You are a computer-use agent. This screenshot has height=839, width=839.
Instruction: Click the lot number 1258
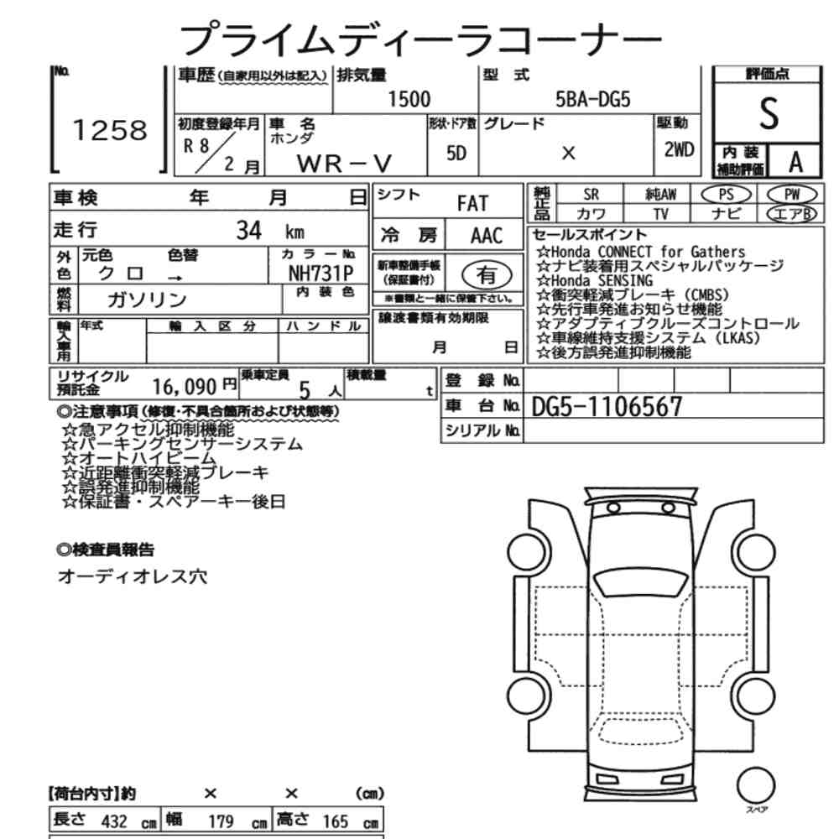coord(110,131)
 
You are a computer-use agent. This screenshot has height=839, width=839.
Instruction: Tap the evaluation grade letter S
coord(769,114)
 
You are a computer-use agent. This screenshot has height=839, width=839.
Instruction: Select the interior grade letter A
coord(795,162)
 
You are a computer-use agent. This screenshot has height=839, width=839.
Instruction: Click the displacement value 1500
coord(409,100)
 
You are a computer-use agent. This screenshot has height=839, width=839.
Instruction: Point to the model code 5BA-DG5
coord(593,100)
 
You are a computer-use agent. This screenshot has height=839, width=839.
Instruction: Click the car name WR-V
coord(344,164)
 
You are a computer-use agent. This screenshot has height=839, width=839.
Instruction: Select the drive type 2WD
coord(679,150)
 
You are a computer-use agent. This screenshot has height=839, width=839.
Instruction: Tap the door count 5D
coord(456,154)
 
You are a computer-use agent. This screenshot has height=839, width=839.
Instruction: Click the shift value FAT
coord(472,203)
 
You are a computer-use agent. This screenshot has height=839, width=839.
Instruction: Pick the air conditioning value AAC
coord(487,236)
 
